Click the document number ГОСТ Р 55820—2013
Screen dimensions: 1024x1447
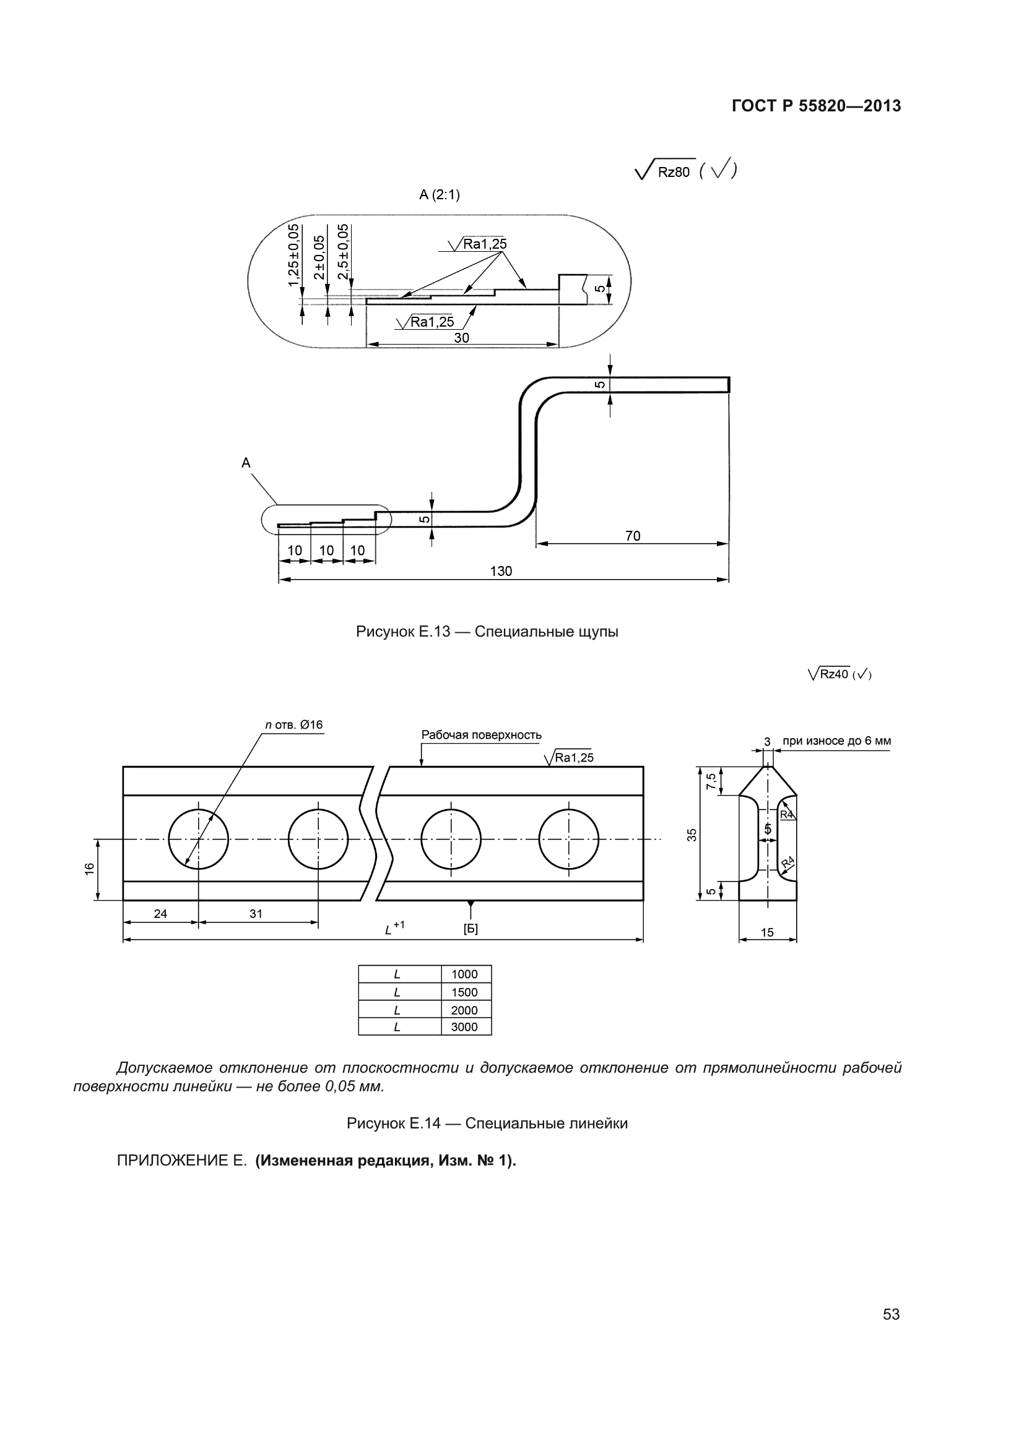point(816,106)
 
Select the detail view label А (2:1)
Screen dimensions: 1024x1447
point(440,195)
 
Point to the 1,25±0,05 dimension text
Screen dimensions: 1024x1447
point(294,255)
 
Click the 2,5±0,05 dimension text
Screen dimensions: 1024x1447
point(343,251)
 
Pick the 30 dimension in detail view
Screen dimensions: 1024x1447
point(462,338)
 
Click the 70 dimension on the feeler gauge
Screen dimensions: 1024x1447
point(633,536)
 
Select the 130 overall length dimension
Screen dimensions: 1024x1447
point(501,571)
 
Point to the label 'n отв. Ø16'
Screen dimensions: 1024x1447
point(294,725)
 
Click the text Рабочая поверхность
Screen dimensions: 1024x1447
point(481,735)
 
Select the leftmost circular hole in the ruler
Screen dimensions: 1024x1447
point(199,839)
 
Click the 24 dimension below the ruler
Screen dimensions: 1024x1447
point(161,913)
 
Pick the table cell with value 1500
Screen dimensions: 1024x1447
point(466,992)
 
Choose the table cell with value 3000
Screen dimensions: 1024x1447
point(466,1028)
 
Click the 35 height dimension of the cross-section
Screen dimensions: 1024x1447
point(692,835)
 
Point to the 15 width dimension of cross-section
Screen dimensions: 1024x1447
point(767,932)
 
